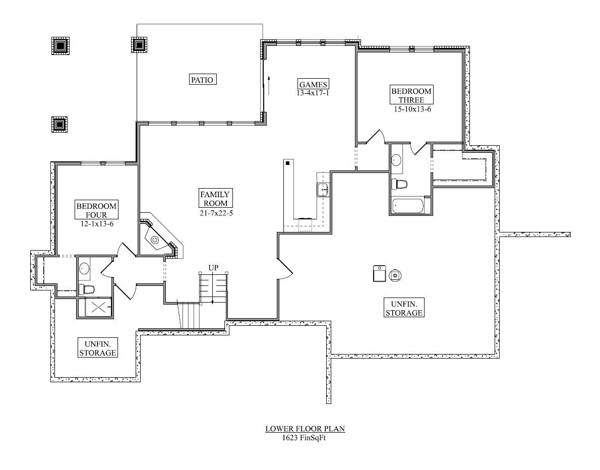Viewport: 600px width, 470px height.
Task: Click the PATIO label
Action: click(203, 80)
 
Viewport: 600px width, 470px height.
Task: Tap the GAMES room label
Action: click(313, 84)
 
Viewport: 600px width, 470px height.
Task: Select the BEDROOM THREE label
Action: click(411, 95)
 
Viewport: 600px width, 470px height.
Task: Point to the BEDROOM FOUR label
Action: click(96, 210)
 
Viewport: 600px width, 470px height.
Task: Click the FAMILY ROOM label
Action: click(216, 198)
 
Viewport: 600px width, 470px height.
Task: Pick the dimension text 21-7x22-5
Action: click(216, 213)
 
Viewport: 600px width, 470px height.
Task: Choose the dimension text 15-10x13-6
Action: click(412, 109)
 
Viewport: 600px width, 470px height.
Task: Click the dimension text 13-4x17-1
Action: click(313, 93)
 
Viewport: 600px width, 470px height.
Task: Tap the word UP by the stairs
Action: click(213, 268)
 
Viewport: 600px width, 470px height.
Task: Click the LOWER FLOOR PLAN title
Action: click(306, 429)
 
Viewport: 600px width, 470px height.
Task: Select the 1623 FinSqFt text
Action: click(304, 438)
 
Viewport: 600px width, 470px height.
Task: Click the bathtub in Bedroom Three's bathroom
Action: click(408, 205)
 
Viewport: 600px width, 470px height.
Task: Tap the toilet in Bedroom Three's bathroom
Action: click(399, 184)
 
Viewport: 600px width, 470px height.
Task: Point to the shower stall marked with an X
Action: click(98, 307)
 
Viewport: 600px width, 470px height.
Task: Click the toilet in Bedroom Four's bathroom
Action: click(87, 289)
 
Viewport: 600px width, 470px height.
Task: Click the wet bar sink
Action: click(323, 190)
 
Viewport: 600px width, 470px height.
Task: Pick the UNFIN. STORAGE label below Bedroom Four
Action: click(98, 348)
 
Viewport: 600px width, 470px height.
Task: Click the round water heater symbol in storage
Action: click(395, 275)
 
